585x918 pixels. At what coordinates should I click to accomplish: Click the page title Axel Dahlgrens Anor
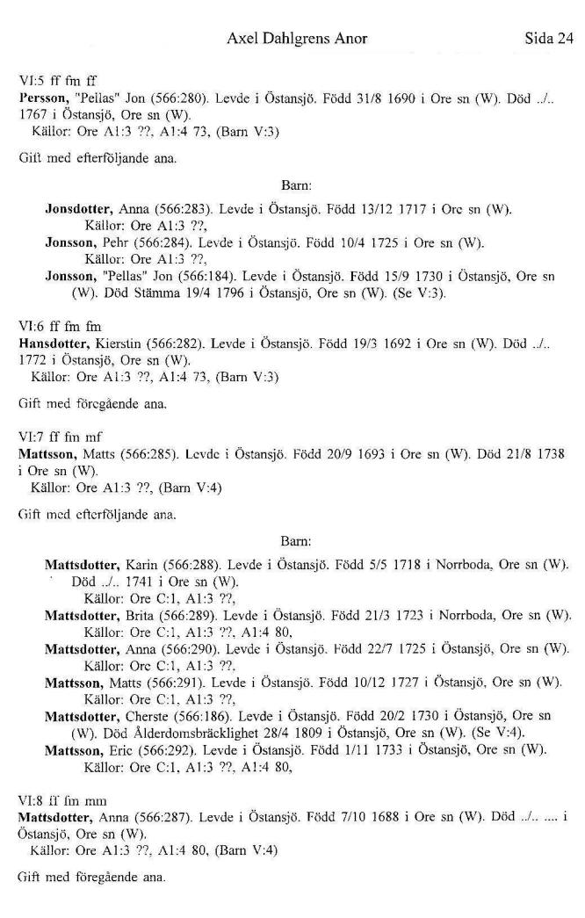(297, 39)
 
